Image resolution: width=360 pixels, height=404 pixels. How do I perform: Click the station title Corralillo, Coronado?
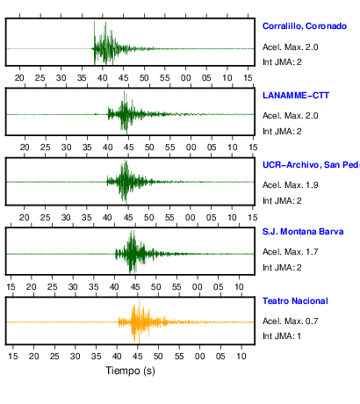tap(305, 26)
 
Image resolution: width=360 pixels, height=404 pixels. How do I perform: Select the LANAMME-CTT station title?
tap(296, 96)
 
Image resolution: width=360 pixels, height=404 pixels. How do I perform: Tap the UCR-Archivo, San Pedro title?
tap(311, 165)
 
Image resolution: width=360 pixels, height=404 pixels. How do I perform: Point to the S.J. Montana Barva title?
tap(303, 232)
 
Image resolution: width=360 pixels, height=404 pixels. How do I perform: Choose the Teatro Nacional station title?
tap(295, 301)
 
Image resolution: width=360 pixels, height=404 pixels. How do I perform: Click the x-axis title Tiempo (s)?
tap(130, 371)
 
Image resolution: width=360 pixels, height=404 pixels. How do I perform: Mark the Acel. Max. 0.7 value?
tap(291, 321)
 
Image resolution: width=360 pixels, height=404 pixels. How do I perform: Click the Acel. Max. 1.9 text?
tap(291, 185)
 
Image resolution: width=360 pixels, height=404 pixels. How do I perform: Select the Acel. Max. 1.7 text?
tap(291, 252)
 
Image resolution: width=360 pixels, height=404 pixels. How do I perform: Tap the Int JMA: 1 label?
tap(282, 335)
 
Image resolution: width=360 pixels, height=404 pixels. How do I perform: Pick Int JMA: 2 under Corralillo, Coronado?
tap(282, 62)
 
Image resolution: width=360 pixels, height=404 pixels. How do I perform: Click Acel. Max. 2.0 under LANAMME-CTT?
tap(291, 116)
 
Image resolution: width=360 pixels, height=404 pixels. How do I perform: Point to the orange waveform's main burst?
tap(140, 322)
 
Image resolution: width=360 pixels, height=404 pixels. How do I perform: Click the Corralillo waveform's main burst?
tap(106, 44)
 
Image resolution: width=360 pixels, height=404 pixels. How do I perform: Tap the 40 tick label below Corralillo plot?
tap(103, 78)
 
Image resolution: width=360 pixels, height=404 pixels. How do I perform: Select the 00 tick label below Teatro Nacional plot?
tap(200, 357)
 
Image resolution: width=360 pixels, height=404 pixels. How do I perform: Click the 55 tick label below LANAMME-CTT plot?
tap(170, 148)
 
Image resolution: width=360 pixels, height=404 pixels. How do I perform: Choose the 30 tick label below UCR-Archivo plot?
tap(66, 218)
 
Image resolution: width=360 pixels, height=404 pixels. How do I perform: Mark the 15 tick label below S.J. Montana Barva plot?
tap(11, 287)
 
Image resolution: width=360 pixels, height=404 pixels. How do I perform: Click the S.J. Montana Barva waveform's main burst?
tap(133, 252)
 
